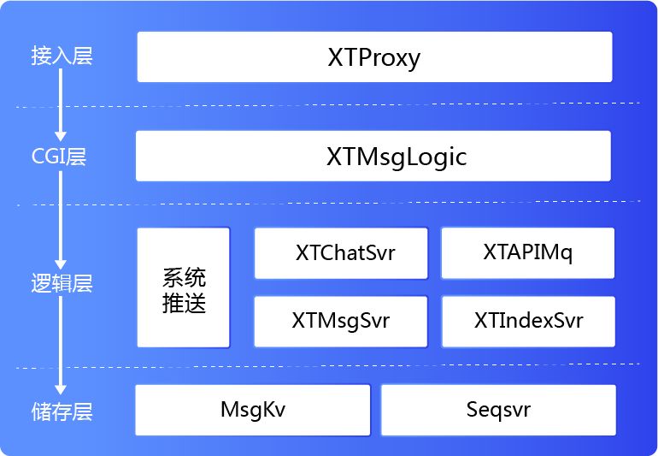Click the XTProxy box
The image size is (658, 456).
coord(374,57)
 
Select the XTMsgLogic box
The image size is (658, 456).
coord(373,157)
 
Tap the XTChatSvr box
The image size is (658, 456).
coord(341,253)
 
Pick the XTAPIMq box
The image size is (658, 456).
coord(527,253)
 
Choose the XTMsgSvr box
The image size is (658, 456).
coord(341,322)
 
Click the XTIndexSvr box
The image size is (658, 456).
coord(528,322)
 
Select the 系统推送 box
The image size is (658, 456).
coord(184,287)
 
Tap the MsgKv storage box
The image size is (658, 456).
coord(253,409)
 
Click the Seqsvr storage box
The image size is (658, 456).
coord(498,409)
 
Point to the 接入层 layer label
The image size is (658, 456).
coord(61,57)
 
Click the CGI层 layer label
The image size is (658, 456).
coord(60,157)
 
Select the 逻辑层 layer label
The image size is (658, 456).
coord(61,284)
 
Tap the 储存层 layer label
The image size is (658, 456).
coord(61,412)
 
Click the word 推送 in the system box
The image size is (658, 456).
coord(184,303)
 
